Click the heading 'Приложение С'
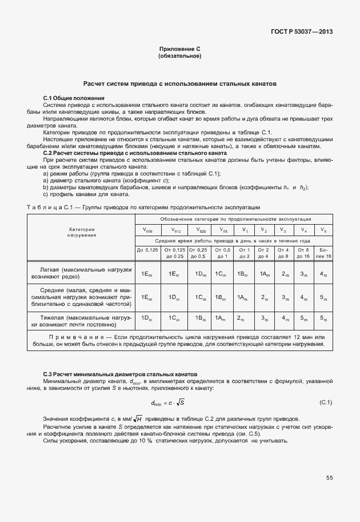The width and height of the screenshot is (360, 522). (179, 50)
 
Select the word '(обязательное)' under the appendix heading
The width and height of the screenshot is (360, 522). (179, 57)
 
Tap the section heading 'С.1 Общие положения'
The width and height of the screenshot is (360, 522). (74, 98)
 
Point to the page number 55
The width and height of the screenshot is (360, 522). (329, 477)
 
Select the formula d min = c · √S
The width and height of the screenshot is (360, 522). (167, 403)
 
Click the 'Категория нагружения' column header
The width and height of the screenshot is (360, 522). (81, 232)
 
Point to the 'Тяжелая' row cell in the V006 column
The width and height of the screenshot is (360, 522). (147, 318)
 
